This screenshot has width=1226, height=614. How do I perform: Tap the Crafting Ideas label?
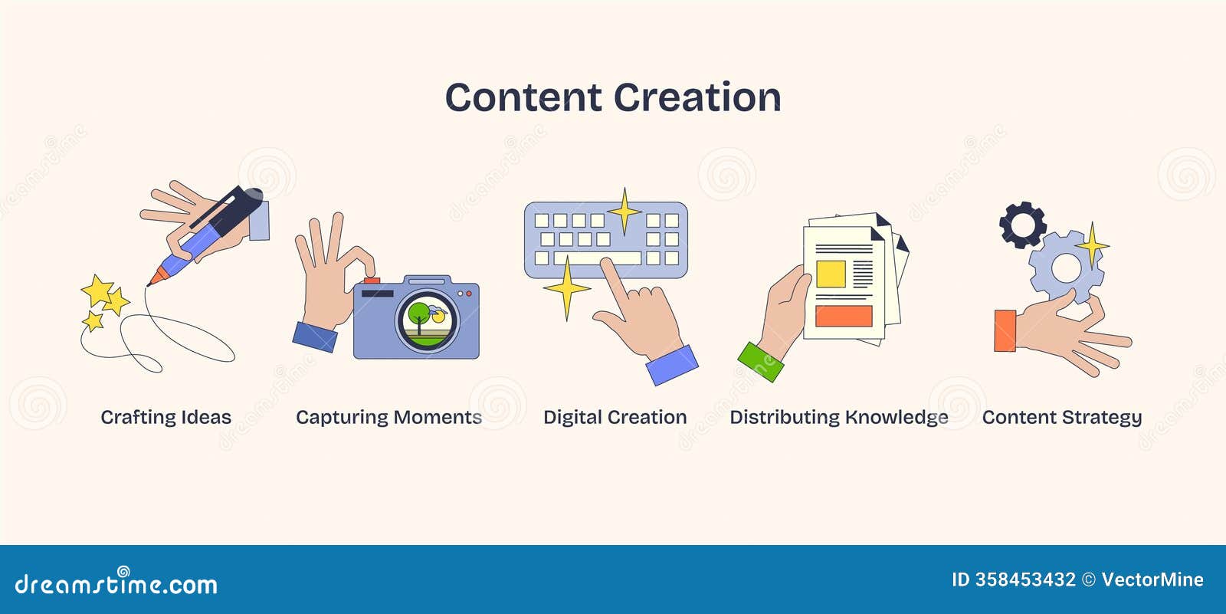(x=166, y=417)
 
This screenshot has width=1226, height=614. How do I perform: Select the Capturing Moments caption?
(x=388, y=417)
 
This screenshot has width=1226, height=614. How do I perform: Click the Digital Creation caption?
(x=615, y=417)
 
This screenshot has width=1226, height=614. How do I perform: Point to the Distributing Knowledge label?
(x=838, y=417)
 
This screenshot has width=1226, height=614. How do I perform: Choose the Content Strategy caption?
(x=1061, y=417)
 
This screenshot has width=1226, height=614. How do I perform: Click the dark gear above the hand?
(x=1022, y=225)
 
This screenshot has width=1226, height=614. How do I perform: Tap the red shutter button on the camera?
(x=372, y=281)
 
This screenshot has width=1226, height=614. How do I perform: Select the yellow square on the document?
(x=831, y=274)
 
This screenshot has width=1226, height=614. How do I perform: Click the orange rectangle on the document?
(x=844, y=316)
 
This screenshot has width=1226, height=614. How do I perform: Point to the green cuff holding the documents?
(x=761, y=362)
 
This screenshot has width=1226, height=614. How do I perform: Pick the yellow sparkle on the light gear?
(x=1091, y=246)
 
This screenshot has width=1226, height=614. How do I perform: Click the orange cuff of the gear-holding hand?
(x=1005, y=331)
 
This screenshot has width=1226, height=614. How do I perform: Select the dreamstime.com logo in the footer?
(x=116, y=584)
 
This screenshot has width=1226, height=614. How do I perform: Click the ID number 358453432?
(x=1025, y=580)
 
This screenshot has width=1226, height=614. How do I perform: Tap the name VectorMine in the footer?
(x=1152, y=580)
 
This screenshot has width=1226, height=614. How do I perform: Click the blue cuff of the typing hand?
(x=672, y=366)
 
